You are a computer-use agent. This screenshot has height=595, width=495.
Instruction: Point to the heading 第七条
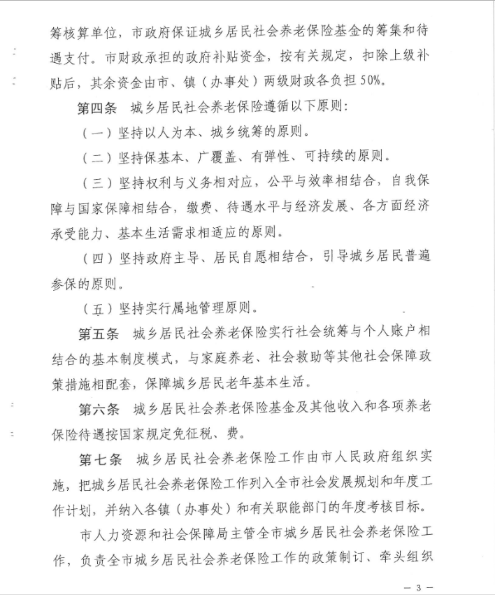point(100,460)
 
